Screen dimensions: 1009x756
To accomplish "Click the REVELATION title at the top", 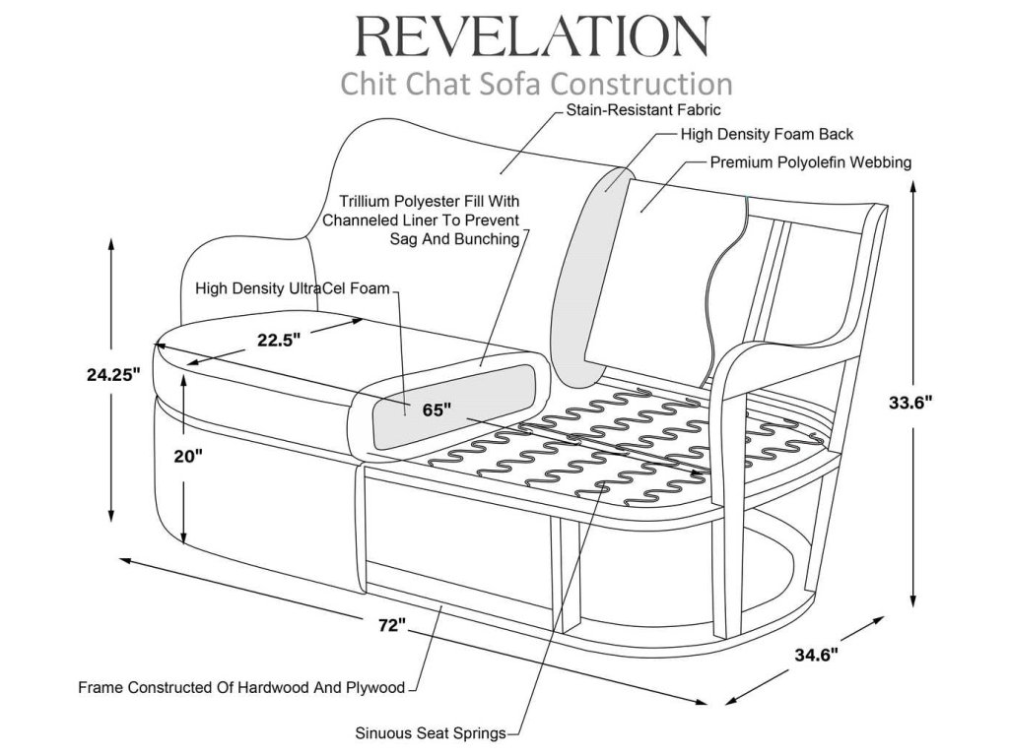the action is point(533,36).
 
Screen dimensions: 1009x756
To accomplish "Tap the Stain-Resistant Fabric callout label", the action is point(642,110).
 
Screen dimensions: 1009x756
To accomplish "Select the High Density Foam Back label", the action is point(767,134).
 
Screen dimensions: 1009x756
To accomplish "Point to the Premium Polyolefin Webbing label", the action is point(811,162).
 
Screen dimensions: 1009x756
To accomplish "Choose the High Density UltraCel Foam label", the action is point(293,288).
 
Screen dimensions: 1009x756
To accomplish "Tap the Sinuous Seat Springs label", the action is point(431,732).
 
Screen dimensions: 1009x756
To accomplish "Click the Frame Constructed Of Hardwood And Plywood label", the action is point(241,687).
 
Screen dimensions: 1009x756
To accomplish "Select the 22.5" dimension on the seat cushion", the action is point(279,340).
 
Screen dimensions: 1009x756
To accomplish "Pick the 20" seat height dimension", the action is point(188,456).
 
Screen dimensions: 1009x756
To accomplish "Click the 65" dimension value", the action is point(437,409).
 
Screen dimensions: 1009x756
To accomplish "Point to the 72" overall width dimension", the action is point(392,624).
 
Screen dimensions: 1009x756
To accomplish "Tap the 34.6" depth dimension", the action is point(817,655).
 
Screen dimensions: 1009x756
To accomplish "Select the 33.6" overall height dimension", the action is point(910,403).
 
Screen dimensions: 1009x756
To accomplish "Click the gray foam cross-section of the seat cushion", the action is point(455,407).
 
